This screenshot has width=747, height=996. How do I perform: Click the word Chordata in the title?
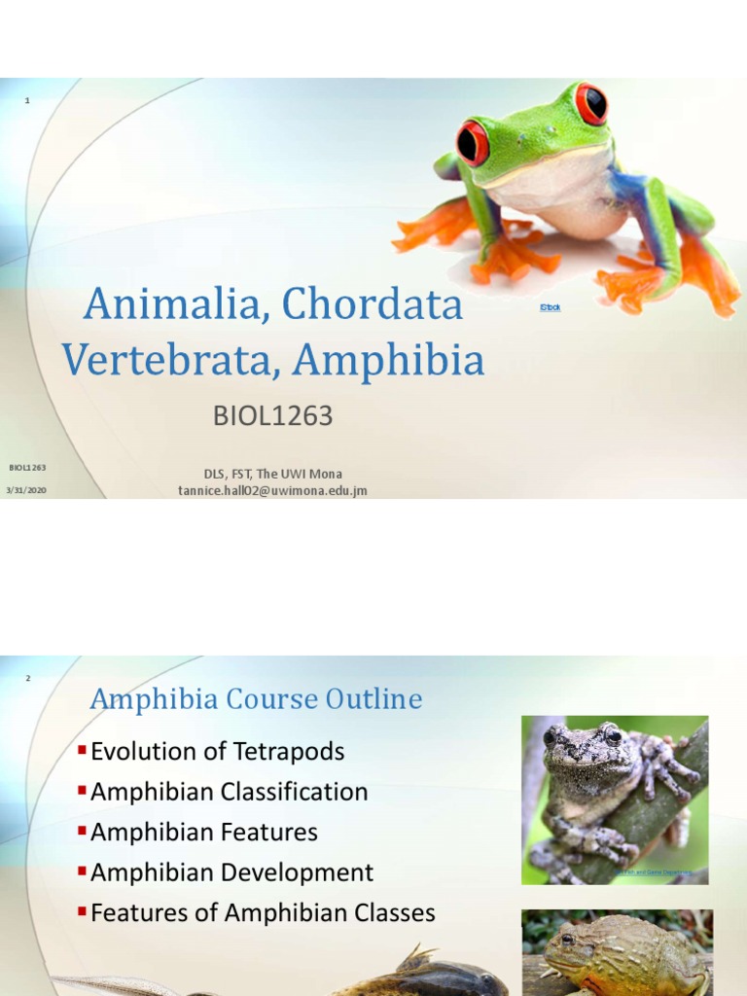click(373, 305)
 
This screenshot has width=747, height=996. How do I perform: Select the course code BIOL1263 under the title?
click(272, 416)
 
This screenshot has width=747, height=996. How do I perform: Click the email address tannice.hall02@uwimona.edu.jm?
click(272, 490)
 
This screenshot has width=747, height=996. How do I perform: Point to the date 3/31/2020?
click(26, 490)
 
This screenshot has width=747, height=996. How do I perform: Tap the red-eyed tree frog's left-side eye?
click(473, 143)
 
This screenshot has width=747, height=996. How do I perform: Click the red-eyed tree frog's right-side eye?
click(590, 103)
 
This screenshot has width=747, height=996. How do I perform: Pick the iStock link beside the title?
click(550, 307)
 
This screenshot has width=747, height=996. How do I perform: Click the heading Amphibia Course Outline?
click(256, 699)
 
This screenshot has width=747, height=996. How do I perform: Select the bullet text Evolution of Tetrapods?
click(217, 751)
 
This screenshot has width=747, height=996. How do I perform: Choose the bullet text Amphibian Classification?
click(229, 792)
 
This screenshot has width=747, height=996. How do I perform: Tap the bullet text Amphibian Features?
click(203, 833)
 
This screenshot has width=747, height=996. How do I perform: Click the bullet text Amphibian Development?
click(231, 872)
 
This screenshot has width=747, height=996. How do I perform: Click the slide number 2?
click(27, 678)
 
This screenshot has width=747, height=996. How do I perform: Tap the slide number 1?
click(27, 101)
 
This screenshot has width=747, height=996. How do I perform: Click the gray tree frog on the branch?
click(603, 788)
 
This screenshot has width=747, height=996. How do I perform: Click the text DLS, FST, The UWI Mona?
click(272, 474)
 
